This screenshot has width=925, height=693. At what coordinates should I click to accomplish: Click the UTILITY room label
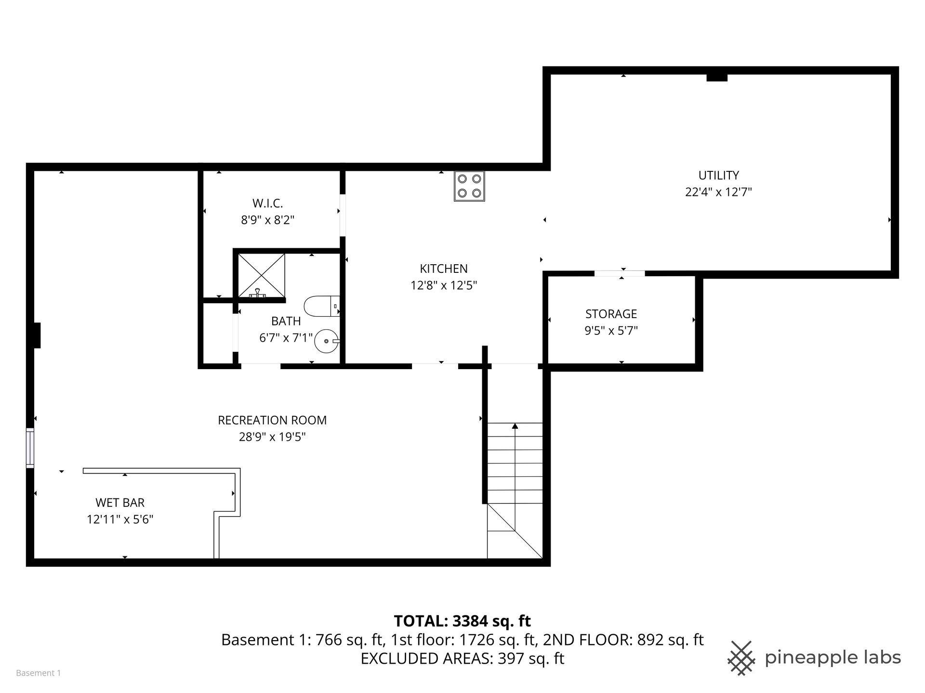(718, 175)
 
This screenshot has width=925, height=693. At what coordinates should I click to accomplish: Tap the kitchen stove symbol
(469, 186)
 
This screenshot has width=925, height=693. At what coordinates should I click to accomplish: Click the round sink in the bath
(327, 341)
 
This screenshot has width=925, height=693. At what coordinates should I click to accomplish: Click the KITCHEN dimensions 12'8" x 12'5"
(444, 285)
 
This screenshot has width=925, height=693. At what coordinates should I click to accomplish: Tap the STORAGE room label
(611, 314)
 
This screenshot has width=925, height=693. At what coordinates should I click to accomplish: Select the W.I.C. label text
(267, 204)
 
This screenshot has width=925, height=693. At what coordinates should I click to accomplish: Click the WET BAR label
(120, 502)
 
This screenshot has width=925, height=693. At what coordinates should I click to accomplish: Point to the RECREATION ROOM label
(272, 420)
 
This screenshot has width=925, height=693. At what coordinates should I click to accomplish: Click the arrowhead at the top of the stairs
(515, 425)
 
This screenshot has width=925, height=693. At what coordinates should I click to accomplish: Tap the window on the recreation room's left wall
(30, 448)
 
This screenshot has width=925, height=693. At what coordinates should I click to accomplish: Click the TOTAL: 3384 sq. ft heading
(462, 621)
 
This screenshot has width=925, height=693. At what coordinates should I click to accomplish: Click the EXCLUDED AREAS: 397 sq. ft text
(462, 658)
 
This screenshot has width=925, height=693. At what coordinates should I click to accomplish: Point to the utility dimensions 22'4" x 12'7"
(718, 192)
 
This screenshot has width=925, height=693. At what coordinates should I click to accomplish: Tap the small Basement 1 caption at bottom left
(39, 673)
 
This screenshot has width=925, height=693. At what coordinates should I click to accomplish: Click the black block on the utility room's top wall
(717, 77)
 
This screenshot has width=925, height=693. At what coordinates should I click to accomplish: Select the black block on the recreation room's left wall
(37, 335)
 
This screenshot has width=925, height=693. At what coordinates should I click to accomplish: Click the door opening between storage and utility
(620, 273)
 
